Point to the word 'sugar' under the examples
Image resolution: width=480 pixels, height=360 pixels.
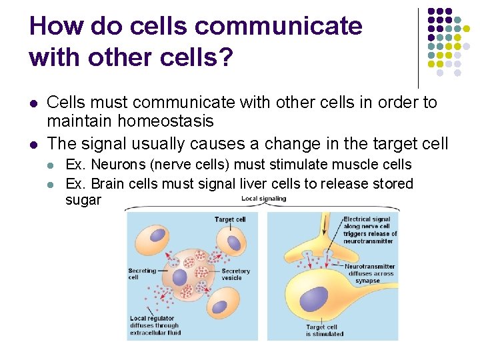83,200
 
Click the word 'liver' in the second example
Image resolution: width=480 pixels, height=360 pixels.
240,183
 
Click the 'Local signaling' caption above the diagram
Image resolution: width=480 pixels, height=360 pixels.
263,199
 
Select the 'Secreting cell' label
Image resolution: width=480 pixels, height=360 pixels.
141,274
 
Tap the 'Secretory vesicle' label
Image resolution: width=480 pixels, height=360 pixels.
235,274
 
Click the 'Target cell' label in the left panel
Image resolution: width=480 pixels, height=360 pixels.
230,219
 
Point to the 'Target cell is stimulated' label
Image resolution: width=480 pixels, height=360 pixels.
325,331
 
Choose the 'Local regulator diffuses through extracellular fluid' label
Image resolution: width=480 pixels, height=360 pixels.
155,325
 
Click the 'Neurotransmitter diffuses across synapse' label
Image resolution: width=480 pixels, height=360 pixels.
369,273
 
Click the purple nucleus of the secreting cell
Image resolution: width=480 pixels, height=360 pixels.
180,277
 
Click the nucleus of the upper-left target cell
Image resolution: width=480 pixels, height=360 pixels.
158,235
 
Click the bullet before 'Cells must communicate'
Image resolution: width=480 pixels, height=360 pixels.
33,103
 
